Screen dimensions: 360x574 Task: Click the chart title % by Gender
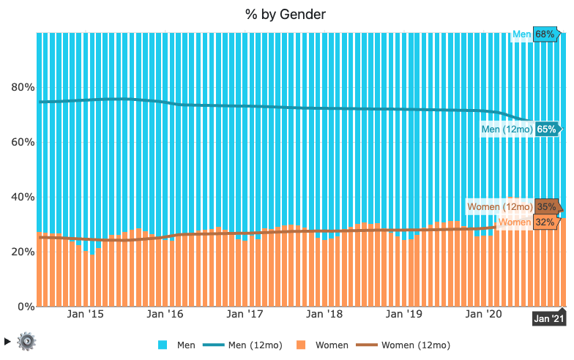point(286,15)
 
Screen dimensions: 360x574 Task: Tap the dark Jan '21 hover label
point(549,318)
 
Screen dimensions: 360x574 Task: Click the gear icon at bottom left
point(27,340)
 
